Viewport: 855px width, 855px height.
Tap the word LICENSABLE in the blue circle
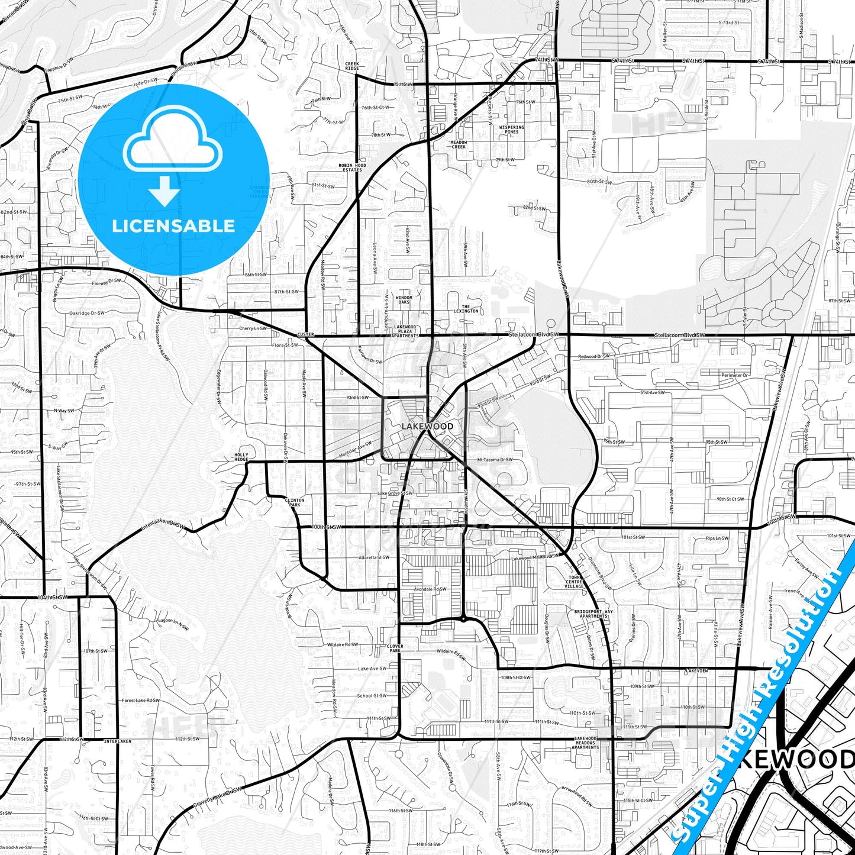[173, 225]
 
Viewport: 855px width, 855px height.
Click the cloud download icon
[172, 155]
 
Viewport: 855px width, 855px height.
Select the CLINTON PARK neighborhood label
[295, 502]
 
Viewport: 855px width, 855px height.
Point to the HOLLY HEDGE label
[241, 457]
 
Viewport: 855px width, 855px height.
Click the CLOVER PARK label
[395, 648]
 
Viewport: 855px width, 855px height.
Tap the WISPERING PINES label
[512, 130]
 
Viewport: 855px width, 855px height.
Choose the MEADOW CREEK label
[459, 144]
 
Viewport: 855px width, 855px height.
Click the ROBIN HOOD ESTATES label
[352, 167]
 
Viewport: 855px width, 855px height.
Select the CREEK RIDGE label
[352, 66]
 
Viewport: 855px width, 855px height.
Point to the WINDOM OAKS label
[404, 300]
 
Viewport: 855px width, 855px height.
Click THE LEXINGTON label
[466, 309]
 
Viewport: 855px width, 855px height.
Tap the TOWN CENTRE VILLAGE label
[575, 582]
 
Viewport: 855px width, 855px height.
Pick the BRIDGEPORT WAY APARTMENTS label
[593, 614]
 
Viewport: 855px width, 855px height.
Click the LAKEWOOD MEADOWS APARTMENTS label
[585, 743]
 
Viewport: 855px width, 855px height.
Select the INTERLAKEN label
[117, 741]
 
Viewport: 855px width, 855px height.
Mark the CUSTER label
[305, 334]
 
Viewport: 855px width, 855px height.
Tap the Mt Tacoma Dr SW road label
[495, 460]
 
